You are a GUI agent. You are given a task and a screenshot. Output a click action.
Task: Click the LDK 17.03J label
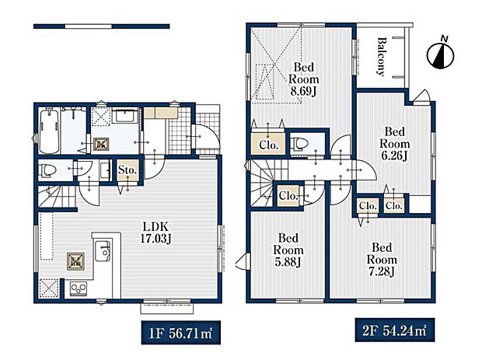point(155,232)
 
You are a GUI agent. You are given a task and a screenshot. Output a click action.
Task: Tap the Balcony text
point(382,56)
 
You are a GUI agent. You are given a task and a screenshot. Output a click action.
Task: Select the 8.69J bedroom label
point(303,79)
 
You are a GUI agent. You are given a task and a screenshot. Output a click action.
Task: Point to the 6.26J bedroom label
point(394,144)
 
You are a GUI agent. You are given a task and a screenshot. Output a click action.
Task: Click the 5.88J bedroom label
point(288,250)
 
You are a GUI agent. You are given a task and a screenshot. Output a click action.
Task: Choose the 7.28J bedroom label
point(382,260)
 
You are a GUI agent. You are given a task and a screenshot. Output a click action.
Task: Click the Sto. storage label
point(127,170)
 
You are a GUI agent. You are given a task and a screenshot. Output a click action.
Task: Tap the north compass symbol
point(441,54)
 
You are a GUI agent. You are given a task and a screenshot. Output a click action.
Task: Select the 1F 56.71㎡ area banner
point(180,333)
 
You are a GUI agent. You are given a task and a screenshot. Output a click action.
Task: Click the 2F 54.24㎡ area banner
point(395,330)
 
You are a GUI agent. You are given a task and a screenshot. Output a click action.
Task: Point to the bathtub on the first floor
point(50,131)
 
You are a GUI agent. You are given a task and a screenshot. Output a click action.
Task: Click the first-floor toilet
point(47,170)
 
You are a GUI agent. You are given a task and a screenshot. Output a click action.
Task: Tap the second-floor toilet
point(300,143)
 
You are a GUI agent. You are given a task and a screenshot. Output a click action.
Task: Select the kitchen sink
point(103,250)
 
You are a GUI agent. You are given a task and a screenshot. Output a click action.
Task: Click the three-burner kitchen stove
point(79,288)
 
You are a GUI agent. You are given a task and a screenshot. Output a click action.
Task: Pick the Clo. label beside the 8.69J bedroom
point(268,145)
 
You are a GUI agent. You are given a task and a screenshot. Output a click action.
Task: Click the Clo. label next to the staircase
point(288,195)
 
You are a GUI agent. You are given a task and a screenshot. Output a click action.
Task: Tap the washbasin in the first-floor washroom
point(125,117)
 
